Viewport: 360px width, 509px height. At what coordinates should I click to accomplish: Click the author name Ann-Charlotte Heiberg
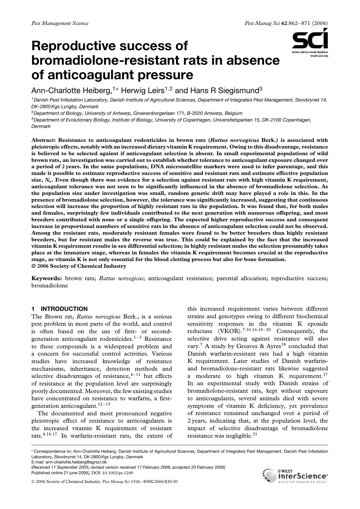tap(71, 91)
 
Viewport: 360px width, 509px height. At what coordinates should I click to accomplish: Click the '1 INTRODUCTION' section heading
tap(60, 309)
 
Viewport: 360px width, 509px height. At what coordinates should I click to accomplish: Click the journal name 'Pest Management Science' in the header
tap(60, 23)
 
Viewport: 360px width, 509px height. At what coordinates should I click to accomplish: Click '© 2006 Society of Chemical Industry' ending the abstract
tap(79, 266)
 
